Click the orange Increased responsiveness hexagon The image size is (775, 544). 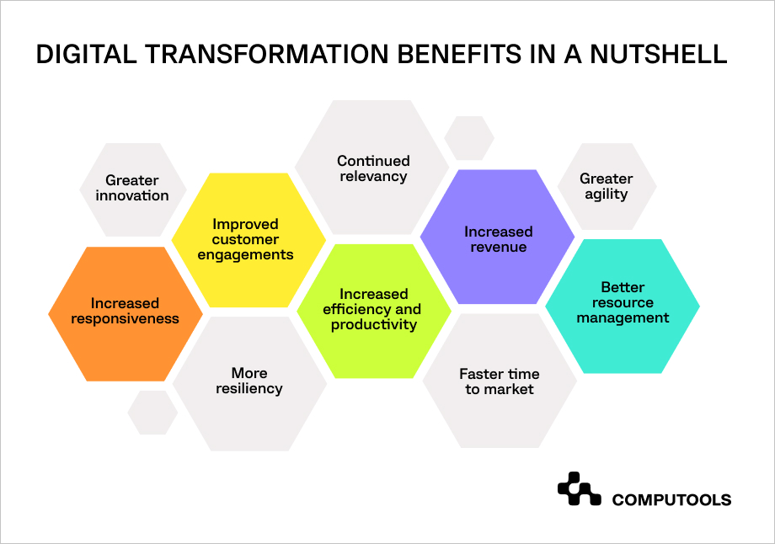(126, 314)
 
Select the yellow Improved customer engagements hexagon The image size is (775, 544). (249, 240)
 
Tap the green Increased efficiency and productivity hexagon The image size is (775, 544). (374, 312)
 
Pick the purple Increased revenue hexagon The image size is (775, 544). (498, 237)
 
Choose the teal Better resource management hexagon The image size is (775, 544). (623, 307)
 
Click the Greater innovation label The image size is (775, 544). (132, 188)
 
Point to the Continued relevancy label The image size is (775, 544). (373, 168)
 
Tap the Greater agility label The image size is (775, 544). (607, 186)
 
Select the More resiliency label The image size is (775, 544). (249, 381)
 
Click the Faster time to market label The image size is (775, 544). (500, 381)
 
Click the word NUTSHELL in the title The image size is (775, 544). (659, 55)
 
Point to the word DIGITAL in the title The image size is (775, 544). (86, 55)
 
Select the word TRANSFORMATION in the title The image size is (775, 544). (267, 55)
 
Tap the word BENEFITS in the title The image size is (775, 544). (459, 55)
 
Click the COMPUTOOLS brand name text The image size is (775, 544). (671, 500)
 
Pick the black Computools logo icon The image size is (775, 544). (580, 488)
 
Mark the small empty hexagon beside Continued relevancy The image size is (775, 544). (469, 138)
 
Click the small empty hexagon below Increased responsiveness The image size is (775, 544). (152, 413)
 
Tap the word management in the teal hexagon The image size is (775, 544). (623, 318)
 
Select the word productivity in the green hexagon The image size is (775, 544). (374, 325)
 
